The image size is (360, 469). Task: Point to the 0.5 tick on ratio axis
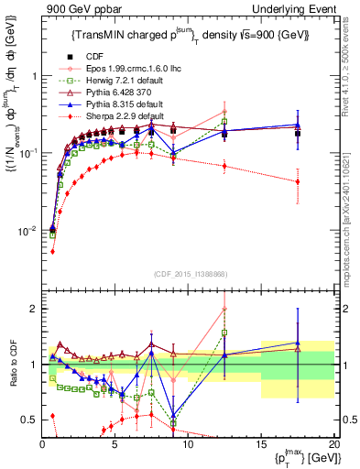(31, 420)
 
